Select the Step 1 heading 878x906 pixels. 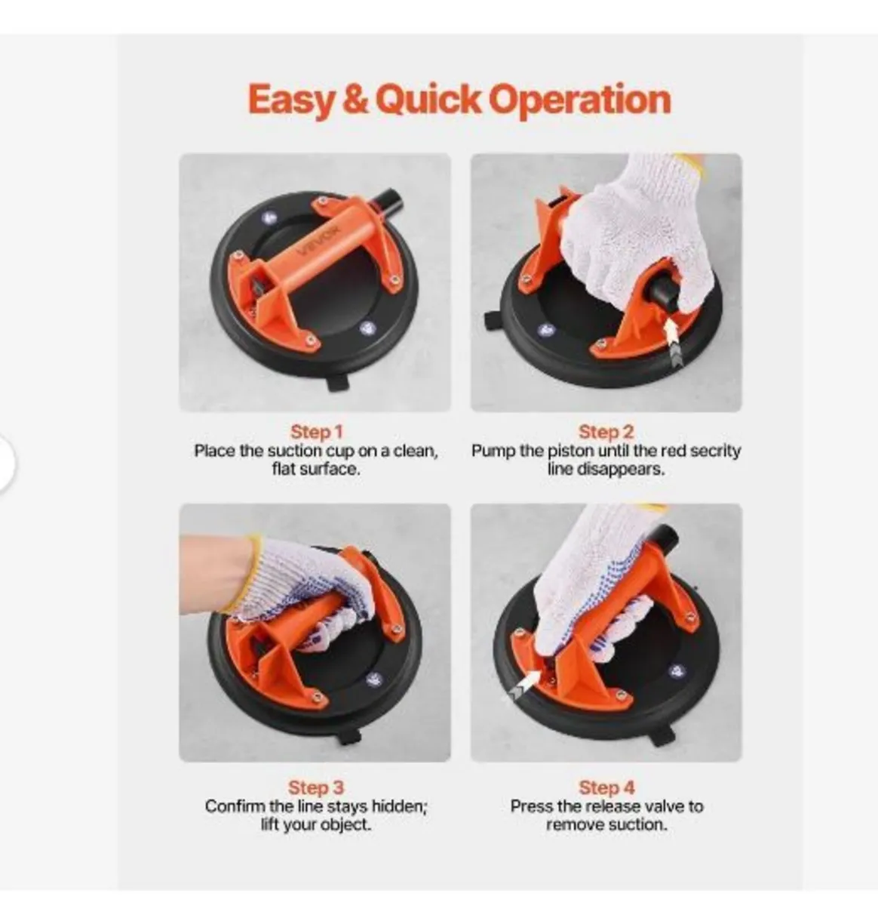(316, 432)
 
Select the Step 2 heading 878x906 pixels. (606, 432)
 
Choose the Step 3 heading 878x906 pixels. (316, 787)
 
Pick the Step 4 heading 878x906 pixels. (606, 787)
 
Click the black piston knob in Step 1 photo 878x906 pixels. (388, 203)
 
